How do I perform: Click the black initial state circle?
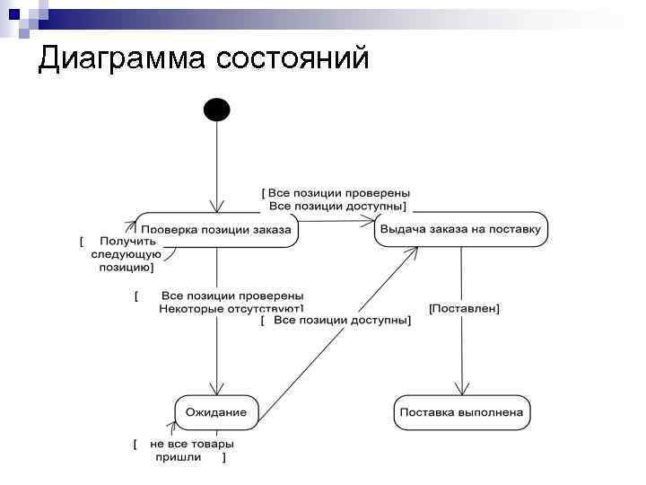(217, 110)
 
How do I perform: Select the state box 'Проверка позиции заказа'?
(216, 230)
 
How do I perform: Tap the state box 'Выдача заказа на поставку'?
(460, 229)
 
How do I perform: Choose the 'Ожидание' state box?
(216, 412)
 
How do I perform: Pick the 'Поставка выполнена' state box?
(461, 412)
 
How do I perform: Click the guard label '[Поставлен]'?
(464, 308)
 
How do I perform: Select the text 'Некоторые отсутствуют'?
(231, 309)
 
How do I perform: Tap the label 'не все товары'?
(192, 444)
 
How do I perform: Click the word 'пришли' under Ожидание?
(179, 457)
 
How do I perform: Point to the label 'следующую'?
(126, 254)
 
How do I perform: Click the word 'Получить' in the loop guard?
(127, 241)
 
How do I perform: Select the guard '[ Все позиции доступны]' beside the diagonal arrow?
(336, 320)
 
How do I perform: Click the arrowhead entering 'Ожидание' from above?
(217, 390)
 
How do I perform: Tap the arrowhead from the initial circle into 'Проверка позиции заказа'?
(217, 207)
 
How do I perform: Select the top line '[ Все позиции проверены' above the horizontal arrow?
(336, 192)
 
